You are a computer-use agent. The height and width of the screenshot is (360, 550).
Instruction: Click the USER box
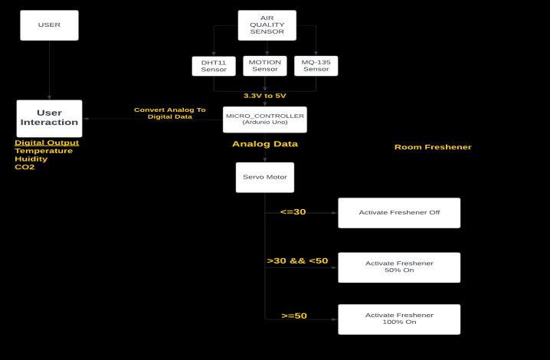pos(49,25)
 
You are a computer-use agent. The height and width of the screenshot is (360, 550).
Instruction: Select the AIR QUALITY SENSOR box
pos(267,25)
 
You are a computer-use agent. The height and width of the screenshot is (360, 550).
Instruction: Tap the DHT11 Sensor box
pos(214,66)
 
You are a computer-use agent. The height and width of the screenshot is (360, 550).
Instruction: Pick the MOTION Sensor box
pos(265,66)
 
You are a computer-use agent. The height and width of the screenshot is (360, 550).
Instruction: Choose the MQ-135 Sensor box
pos(316,66)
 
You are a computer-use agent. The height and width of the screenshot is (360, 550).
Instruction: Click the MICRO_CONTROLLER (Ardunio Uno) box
pos(265,119)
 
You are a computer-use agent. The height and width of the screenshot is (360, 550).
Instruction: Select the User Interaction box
pos(49,118)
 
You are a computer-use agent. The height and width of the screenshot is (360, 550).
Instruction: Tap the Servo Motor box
pos(265,177)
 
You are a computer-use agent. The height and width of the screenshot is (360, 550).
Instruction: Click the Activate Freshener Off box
pos(399,212)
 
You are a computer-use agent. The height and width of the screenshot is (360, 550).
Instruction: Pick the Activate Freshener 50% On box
pos(399,267)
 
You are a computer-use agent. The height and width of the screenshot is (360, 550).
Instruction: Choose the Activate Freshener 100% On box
pos(399,319)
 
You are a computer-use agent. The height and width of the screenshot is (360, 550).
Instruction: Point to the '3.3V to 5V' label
pos(265,96)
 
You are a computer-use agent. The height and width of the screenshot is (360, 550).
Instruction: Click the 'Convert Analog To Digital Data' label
pos(170,113)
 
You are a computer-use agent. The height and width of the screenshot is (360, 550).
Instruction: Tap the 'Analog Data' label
pos(265,143)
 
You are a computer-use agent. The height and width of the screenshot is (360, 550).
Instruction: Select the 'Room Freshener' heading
pos(433,147)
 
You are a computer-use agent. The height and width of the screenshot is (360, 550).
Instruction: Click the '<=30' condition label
pos(293,211)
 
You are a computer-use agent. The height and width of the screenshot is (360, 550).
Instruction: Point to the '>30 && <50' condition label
pos(297,261)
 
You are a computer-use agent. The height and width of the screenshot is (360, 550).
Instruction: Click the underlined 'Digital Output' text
pos(47,142)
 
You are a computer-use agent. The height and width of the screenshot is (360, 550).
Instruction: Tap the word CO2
pos(25,167)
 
